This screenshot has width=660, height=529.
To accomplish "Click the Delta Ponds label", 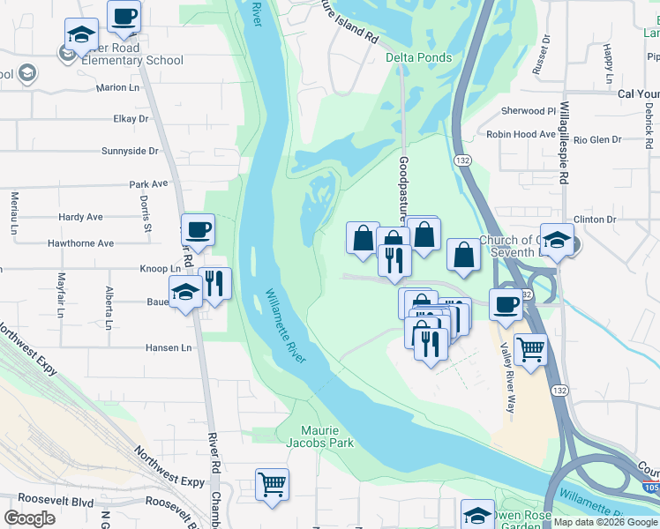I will [x=418, y=58].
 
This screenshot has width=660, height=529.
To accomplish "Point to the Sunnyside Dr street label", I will [x=130, y=151].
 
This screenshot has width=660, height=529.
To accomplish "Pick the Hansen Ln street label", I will [x=167, y=348].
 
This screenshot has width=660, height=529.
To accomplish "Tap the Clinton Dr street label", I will [x=594, y=220].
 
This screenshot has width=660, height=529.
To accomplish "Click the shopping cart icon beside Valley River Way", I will [x=530, y=349].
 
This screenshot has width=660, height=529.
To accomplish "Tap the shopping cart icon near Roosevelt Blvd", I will [x=272, y=484].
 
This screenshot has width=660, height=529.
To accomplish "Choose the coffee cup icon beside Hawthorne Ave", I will [x=198, y=230].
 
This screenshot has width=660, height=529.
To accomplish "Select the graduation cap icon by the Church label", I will [x=557, y=240].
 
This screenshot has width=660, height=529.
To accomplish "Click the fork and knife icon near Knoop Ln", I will [x=214, y=284].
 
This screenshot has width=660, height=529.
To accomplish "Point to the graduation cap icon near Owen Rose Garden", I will [x=477, y=515].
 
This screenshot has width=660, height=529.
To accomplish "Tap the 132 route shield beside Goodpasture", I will [x=462, y=160].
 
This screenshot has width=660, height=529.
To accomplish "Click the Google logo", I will [x=30, y=518].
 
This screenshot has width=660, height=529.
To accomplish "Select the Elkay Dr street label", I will [x=131, y=119].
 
